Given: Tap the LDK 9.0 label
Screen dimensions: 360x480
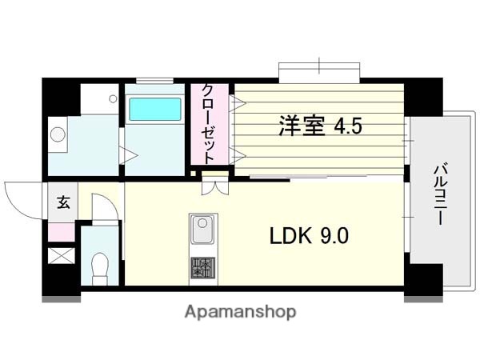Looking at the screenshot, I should [307, 237].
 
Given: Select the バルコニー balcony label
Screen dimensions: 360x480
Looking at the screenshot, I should [439, 194].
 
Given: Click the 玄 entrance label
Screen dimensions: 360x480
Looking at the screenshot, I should [62, 202].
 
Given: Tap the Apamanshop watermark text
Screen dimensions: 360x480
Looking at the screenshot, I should [241, 311].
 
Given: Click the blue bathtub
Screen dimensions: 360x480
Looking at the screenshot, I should [155, 110].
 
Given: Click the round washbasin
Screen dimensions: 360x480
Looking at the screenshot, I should [58, 134].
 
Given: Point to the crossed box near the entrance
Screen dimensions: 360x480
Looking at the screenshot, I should [60, 256].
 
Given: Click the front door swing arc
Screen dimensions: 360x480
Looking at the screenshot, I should [22, 198].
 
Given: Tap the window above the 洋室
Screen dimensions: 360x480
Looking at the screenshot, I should [319, 71].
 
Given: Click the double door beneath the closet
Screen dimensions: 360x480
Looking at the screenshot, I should [214, 186].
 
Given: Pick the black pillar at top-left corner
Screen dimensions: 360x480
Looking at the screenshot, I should [61, 97].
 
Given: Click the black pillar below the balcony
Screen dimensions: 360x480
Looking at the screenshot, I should [423, 279].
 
